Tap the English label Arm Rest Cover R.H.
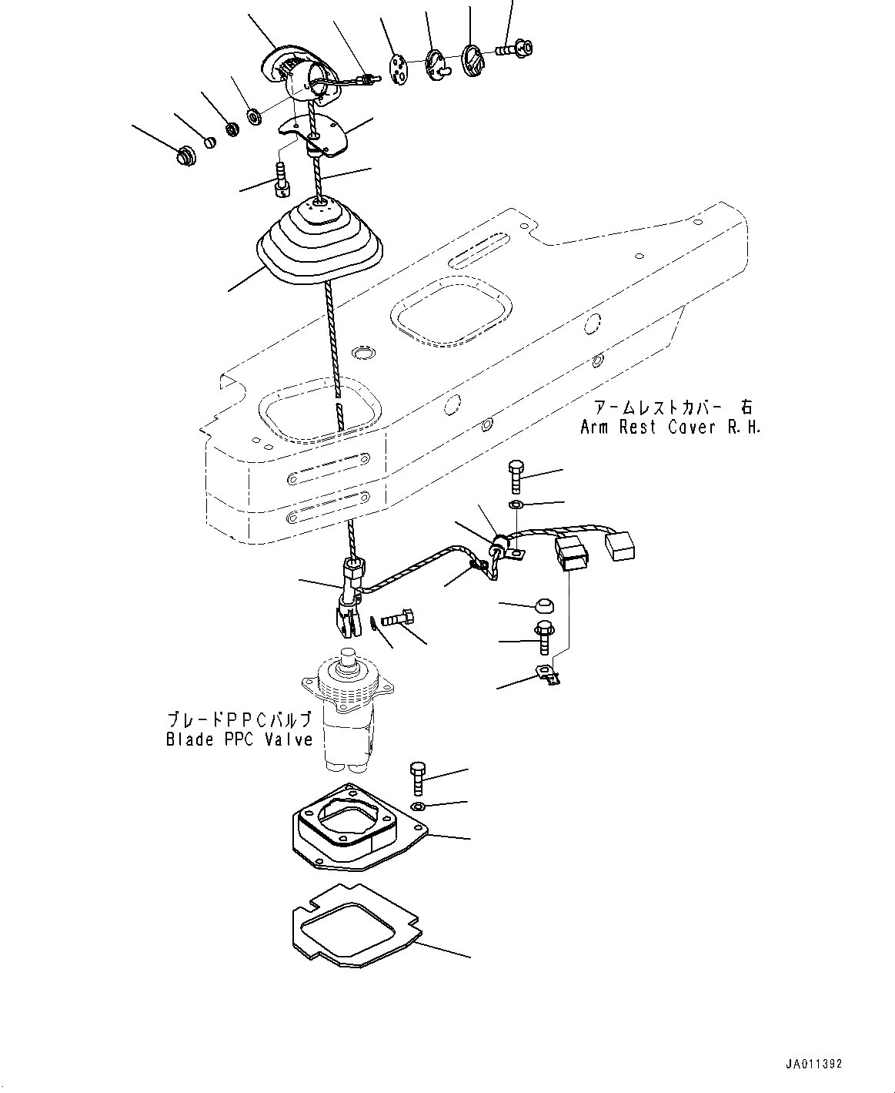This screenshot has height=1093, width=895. point(670,427)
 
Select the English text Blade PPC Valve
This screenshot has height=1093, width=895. point(239,739)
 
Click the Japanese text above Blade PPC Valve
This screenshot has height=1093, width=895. point(239,720)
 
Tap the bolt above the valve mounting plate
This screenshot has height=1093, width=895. point(416,777)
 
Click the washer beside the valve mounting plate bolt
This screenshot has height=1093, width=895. point(417,806)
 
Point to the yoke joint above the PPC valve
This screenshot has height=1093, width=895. point(349,602)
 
